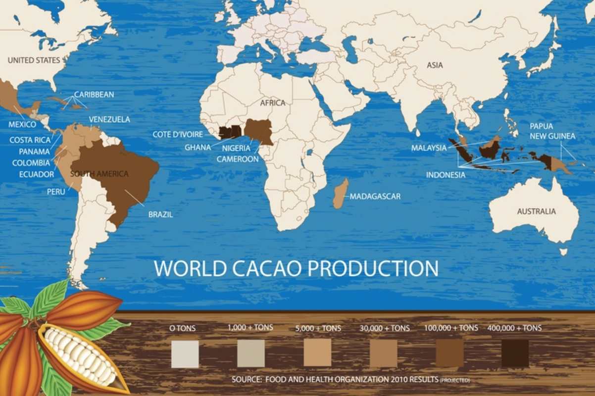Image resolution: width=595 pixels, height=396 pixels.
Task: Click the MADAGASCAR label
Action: (375, 197)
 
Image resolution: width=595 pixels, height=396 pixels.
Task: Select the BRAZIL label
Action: (160, 215)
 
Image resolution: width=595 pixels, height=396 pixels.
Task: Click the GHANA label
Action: (198, 147)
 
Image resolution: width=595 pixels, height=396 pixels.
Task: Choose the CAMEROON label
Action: (238, 159)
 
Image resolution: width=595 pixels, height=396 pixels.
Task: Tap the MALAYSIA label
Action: (429, 148)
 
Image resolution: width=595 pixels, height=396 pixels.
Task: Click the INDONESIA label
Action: (446, 175)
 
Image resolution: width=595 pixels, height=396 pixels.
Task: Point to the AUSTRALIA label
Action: (536, 211)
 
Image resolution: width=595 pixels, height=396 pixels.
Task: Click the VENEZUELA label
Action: (109, 119)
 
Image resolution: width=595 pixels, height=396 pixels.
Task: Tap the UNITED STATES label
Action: (34, 60)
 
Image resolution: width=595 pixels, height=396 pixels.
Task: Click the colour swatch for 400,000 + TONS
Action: (515, 353)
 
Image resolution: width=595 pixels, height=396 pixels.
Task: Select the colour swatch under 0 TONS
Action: (185, 353)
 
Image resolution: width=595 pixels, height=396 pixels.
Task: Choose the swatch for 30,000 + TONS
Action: (383, 353)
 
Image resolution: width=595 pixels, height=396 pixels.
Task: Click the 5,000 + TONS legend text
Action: (317, 328)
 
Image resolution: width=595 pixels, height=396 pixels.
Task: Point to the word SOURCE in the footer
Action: (246, 380)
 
